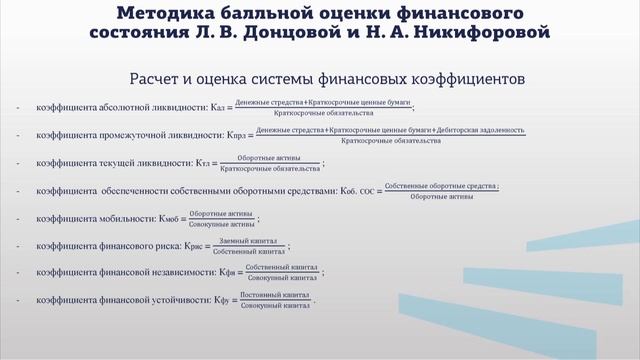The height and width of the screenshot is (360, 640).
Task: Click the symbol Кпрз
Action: tap(232, 134)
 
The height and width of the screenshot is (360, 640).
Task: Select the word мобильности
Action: tap(126, 218)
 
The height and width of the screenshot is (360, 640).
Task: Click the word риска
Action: tap(175, 245)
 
